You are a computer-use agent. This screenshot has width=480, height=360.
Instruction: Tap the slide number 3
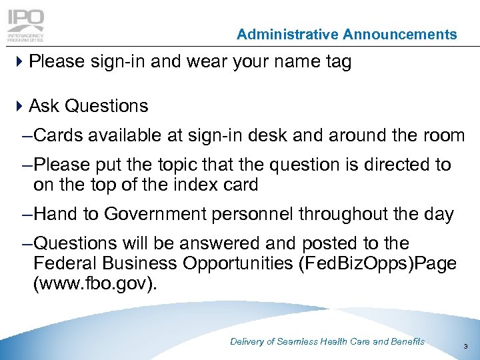pyautogui.click(x=465, y=347)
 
